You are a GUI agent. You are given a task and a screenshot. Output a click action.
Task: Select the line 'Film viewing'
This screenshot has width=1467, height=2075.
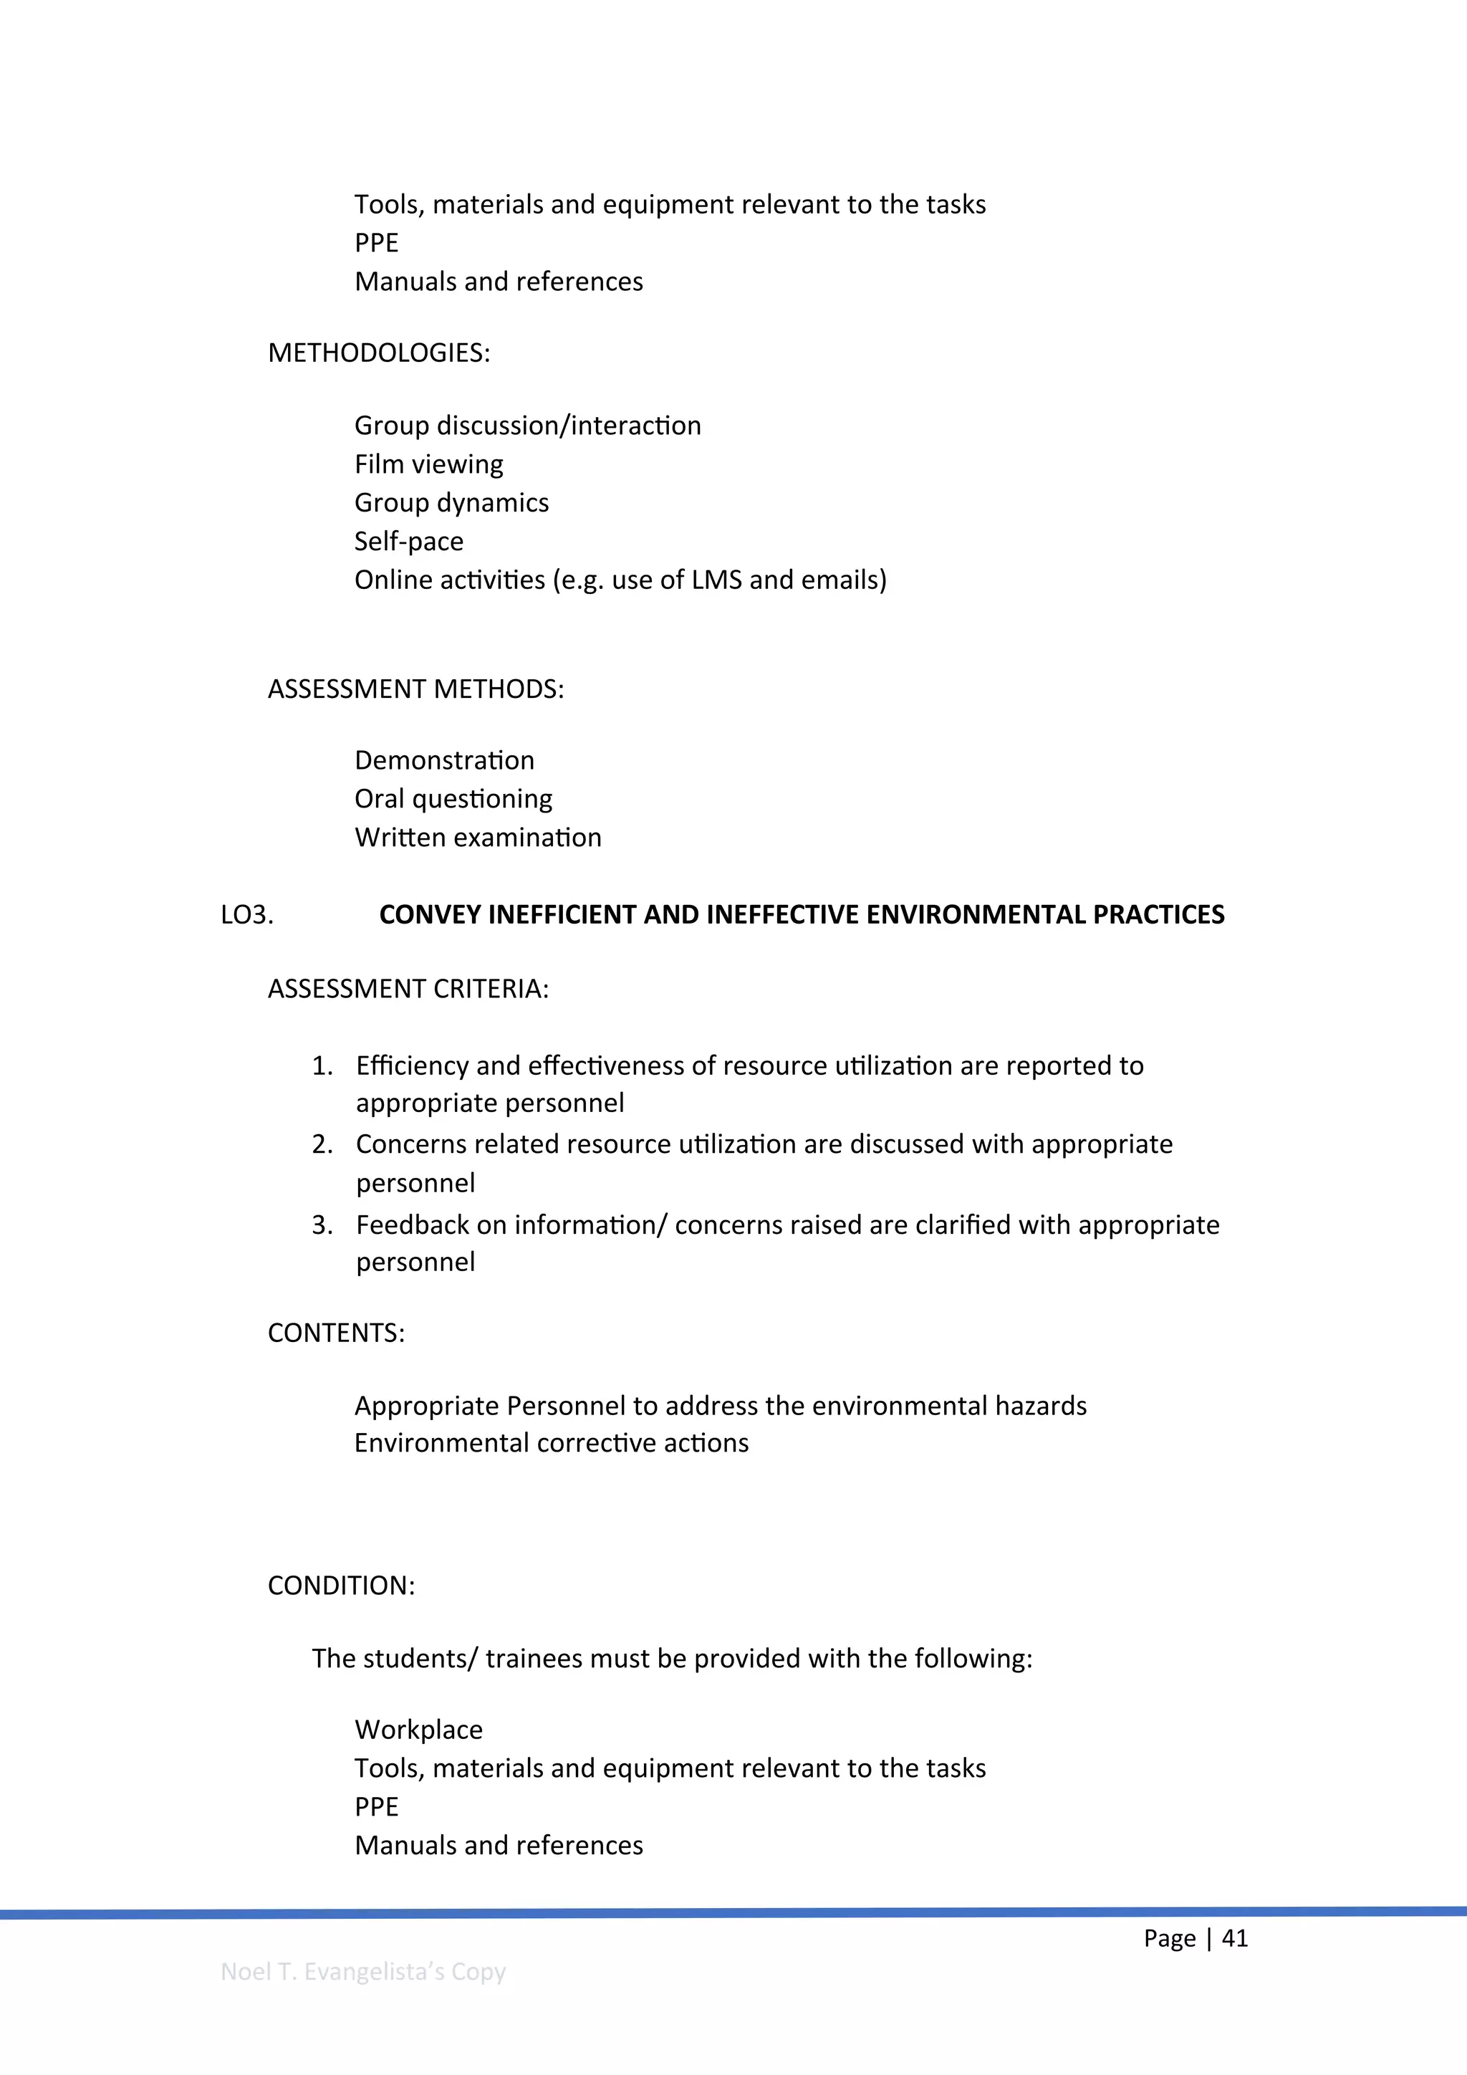tap(428, 464)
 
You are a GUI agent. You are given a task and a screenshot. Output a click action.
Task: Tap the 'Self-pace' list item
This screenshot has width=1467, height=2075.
tap(408, 542)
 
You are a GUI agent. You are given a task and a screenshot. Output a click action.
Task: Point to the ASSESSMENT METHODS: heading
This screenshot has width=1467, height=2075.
tap(415, 689)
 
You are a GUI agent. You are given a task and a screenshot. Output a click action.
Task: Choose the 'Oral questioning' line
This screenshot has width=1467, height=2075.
tap(453, 799)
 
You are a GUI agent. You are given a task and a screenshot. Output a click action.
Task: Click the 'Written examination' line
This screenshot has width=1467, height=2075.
tap(477, 838)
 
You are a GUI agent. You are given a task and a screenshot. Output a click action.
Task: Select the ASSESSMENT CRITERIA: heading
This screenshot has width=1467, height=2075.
tap(408, 989)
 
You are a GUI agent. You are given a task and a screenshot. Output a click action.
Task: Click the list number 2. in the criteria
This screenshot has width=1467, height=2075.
tap(322, 1144)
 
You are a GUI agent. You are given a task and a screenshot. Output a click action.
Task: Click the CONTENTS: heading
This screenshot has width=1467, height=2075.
tap(336, 1333)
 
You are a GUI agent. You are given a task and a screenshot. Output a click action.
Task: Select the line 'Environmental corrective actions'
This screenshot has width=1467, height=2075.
tap(551, 1443)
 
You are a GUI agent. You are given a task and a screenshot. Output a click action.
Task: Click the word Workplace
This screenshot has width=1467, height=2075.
tap(418, 1730)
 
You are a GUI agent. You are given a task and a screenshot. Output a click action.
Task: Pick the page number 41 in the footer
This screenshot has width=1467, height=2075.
tap(1234, 1939)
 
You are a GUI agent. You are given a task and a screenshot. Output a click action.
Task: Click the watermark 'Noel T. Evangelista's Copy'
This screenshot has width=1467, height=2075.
tap(362, 1972)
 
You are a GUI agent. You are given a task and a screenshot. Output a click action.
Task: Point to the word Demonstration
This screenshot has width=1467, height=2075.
tap(443, 760)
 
